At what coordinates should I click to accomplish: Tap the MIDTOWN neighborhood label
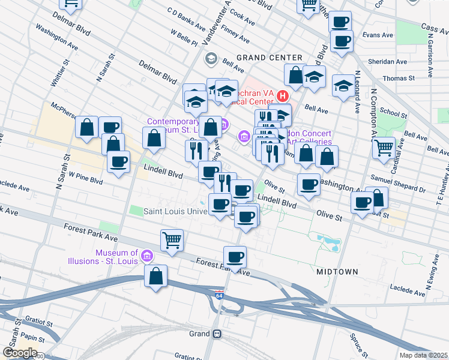click(337, 272)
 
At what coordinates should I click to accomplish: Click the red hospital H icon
click(282, 95)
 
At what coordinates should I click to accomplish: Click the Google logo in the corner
click(19, 353)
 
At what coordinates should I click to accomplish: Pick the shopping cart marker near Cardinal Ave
click(384, 146)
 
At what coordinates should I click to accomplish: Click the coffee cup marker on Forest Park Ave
click(235, 257)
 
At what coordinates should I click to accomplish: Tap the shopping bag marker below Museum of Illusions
click(156, 277)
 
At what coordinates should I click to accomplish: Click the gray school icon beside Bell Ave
click(211, 58)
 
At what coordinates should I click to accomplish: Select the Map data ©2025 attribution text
click(423, 355)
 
